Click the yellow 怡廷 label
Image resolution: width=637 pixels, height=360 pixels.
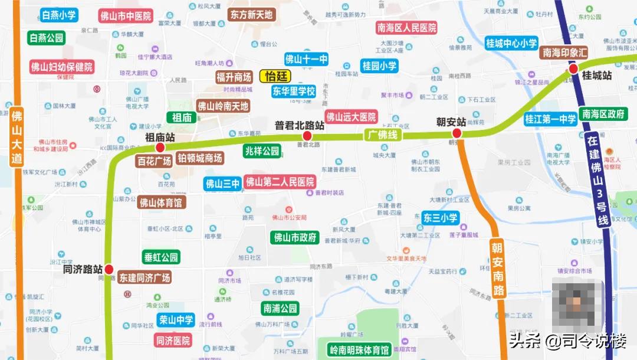(x=275, y=76)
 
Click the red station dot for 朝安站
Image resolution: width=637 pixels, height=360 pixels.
(x=457, y=133)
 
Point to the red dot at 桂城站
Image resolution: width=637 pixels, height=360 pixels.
(x=573, y=70)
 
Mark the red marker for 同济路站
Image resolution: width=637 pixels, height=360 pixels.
(x=109, y=269)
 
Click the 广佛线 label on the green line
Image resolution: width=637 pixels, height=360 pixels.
(x=382, y=135)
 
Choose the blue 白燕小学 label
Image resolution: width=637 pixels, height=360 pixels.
(x=59, y=15)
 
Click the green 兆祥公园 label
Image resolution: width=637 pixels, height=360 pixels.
(x=262, y=151)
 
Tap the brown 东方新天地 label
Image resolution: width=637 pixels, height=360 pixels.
(x=251, y=15)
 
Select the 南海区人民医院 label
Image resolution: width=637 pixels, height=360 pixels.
(x=406, y=27)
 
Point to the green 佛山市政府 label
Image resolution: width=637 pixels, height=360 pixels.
(x=295, y=238)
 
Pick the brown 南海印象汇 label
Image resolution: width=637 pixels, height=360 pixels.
(x=566, y=53)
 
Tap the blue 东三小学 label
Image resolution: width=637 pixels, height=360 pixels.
(x=440, y=218)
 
